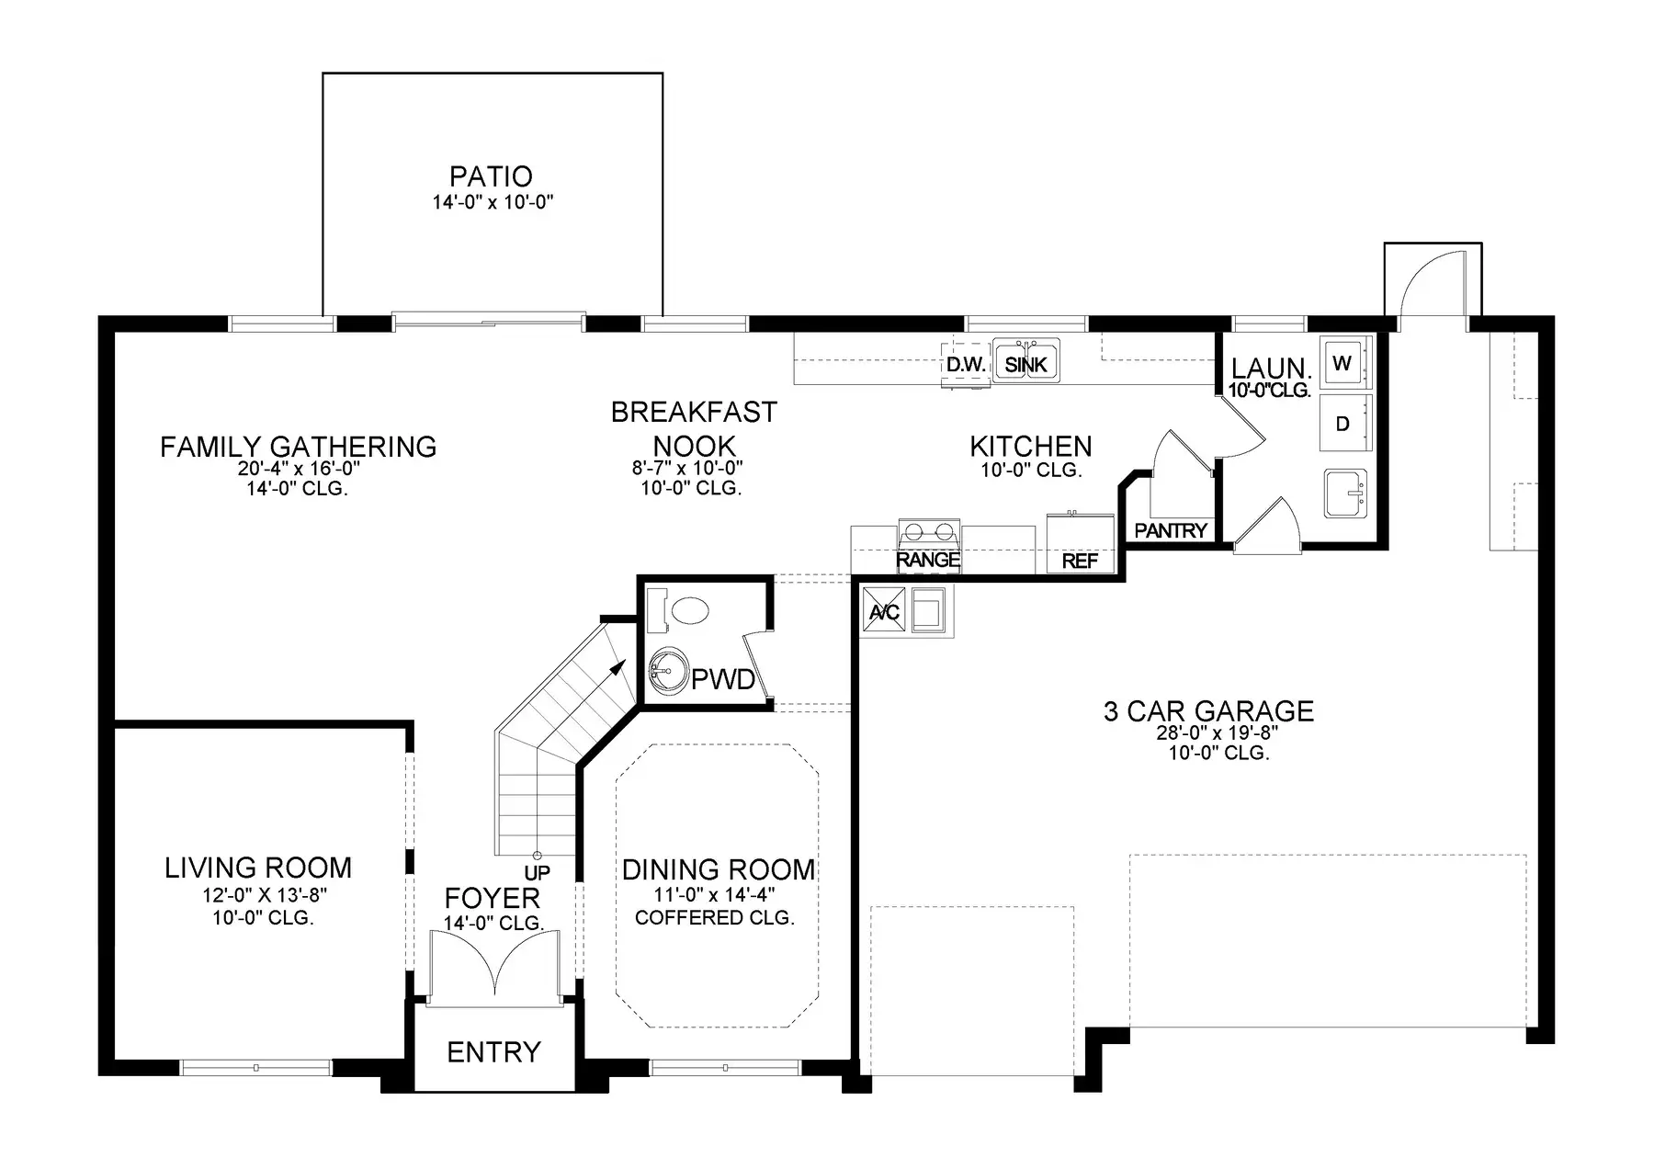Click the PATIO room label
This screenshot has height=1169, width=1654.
tap(491, 176)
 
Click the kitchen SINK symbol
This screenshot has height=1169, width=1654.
tap(1026, 360)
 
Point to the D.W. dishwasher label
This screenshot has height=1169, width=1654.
tap(966, 365)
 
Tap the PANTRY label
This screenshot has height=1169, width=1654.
tap(1170, 530)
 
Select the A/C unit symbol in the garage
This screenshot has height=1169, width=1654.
tap(884, 611)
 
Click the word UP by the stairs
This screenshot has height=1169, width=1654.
tap(537, 872)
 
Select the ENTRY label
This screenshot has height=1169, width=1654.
tap(493, 1051)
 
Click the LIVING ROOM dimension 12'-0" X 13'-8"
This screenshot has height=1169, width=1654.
tap(265, 894)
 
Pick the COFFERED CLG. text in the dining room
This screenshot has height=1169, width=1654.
tap(714, 917)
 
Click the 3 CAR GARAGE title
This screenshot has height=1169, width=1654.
tap(1208, 710)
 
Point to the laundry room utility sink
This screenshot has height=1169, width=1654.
tap(1346, 494)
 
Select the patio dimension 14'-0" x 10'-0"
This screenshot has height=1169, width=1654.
tap(493, 202)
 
